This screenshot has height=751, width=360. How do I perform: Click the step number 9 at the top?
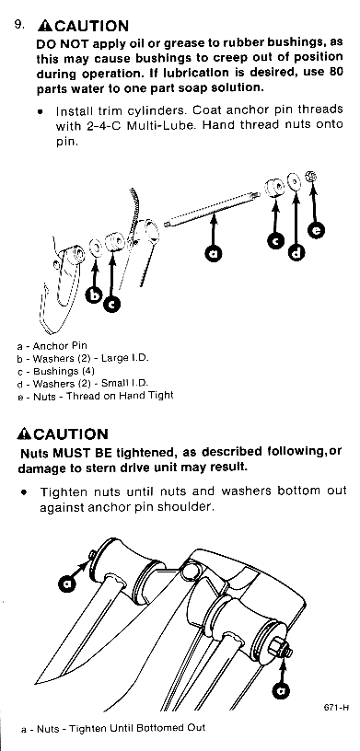(x=19, y=25)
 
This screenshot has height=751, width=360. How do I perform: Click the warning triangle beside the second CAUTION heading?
(x=24, y=433)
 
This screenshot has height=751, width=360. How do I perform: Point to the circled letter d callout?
(x=296, y=252)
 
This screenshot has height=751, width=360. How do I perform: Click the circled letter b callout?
(x=94, y=295)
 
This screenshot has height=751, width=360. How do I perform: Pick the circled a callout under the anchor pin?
(x=214, y=252)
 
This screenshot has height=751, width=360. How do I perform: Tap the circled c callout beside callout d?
(x=275, y=240)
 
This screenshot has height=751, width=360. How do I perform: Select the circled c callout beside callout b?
(x=112, y=303)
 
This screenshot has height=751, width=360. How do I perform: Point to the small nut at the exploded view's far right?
(x=311, y=177)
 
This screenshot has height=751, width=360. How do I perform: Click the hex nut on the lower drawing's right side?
(x=279, y=648)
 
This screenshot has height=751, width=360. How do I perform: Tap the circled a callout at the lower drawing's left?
(x=66, y=583)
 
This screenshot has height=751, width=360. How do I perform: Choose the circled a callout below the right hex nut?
(x=281, y=690)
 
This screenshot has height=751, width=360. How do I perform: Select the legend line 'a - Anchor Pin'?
(x=52, y=345)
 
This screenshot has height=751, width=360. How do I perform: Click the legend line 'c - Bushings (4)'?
(x=55, y=371)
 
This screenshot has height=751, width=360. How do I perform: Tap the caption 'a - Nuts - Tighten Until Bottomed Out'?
(x=113, y=729)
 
